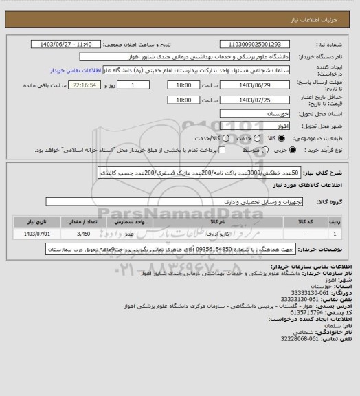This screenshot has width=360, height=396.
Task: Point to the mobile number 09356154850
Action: (214, 250)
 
